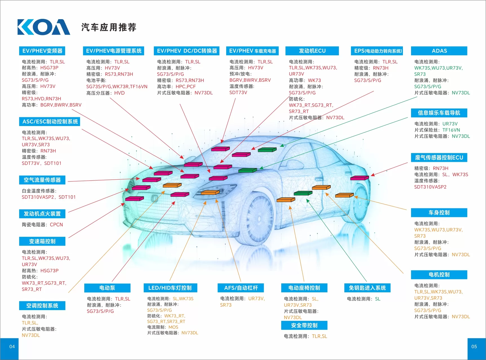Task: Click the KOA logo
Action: coord(44,27)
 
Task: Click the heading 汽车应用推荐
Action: coord(109,27)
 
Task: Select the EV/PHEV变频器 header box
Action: coord(42,51)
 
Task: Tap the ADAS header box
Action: coord(439,51)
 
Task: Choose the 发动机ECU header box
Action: coord(312,51)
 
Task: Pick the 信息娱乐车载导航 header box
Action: coord(439,113)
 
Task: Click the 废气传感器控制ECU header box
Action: coord(439,157)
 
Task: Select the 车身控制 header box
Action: coord(439,213)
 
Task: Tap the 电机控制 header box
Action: coord(439,275)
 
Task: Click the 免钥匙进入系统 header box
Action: coord(367,288)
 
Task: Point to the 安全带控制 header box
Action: coord(304,325)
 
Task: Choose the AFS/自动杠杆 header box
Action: coord(241,288)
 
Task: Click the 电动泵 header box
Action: coord(107,288)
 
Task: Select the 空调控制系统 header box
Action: coord(42,306)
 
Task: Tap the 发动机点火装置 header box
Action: coord(42,214)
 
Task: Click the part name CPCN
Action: coord(56,225)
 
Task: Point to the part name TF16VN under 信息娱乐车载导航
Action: coord(451,130)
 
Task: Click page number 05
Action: coord(474,346)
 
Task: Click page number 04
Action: coord(12,346)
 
